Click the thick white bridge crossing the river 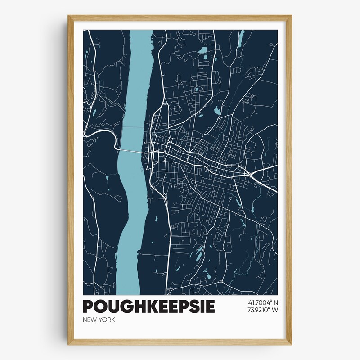[130, 150]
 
